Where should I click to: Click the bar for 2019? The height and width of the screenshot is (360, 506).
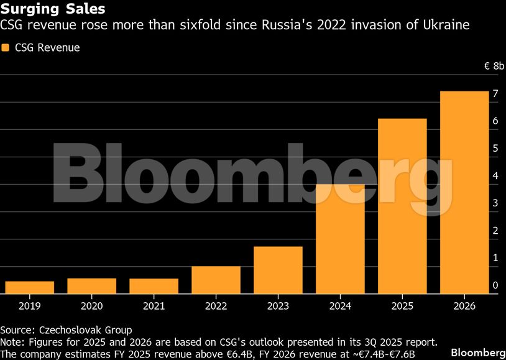click(x=29, y=287)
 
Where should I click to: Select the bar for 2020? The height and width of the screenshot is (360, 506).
click(x=91, y=286)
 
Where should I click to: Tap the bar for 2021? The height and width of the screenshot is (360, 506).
click(x=154, y=286)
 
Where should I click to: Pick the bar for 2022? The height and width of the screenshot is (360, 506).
click(x=216, y=280)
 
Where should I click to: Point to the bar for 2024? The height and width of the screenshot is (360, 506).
click(x=340, y=239)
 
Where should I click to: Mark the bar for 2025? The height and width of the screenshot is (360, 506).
click(x=402, y=206)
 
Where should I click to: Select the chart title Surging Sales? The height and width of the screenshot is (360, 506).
click(x=52, y=9)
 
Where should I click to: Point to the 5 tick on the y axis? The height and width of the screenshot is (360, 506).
click(x=495, y=149)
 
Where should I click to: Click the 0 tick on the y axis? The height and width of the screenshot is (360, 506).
click(x=495, y=285)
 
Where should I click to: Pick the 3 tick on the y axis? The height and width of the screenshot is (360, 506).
click(x=495, y=203)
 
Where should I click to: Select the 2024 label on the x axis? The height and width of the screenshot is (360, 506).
click(x=340, y=306)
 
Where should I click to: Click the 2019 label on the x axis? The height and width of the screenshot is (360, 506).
click(x=29, y=306)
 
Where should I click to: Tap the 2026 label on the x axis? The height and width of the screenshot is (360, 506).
click(x=464, y=306)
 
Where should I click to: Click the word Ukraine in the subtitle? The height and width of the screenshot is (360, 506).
click(x=446, y=25)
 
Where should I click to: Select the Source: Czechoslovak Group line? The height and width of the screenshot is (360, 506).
click(x=66, y=330)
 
